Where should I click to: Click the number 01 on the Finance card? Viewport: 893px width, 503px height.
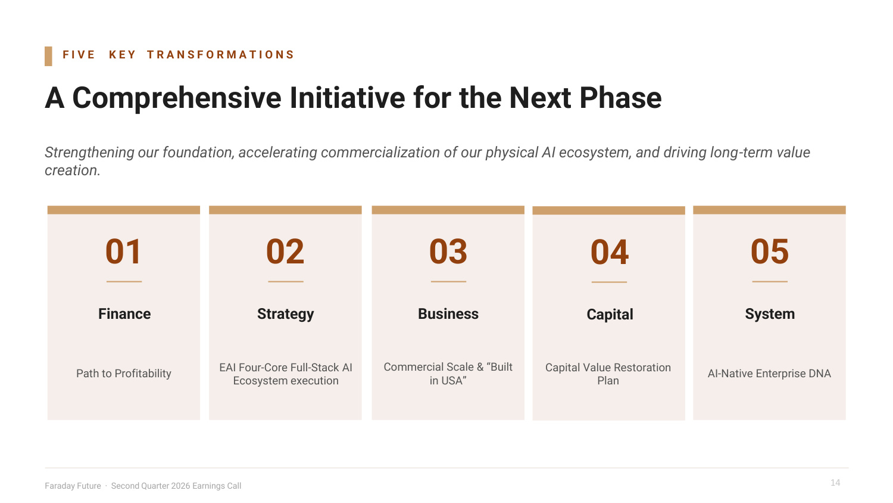[123, 251]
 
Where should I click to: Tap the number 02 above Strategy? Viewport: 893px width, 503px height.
[285, 251]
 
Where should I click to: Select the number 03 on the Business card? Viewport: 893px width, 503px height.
[448, 251]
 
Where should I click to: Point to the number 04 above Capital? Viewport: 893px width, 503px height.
[610, 252]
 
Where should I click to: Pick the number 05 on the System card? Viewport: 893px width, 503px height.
[769, 251]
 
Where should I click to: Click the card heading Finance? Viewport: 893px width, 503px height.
[124, 313]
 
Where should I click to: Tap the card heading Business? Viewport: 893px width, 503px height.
[448, 313]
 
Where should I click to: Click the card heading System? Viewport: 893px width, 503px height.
[770, 314]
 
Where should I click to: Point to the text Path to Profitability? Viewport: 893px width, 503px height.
[124, 374]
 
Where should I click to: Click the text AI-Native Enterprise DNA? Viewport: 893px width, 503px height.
[769, 374]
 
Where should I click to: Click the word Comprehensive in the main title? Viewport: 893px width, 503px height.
[177, 98]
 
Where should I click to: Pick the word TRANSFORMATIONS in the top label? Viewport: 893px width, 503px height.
[220, 55]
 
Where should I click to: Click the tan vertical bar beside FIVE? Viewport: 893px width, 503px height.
[48, 56]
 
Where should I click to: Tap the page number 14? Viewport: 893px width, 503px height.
[835, 483]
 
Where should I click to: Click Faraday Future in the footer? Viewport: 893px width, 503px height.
[73, 486]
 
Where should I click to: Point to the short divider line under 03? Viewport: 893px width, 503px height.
[448, 281]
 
